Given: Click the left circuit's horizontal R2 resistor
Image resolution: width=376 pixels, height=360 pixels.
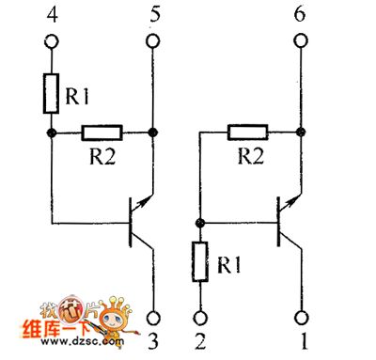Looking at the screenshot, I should pyautogui.click(x=103, y=133).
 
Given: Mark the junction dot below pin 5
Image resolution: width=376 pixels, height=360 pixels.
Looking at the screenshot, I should pyautogui.click(x=152, y=133).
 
